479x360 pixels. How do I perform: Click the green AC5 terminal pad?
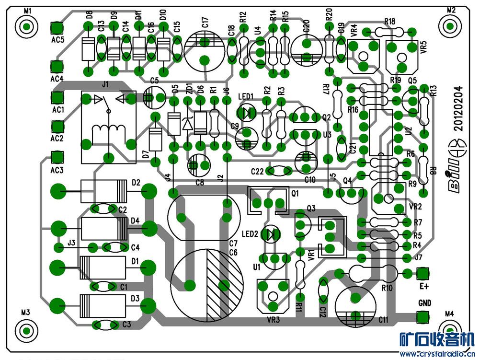tap(57, 27)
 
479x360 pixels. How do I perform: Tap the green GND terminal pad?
tap(422, 317)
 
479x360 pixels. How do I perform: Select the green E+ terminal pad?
tap(422, 273)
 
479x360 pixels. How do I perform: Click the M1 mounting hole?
tap(27, 25)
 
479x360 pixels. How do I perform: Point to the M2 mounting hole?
tap(451, 25)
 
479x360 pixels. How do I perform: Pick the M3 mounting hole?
tap(26, 330)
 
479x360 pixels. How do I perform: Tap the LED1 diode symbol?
tap(247, 113)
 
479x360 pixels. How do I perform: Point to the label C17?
tap(205, 23)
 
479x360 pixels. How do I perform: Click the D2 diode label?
tap(135, 183)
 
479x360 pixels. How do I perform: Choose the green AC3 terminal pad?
tap(57, 157)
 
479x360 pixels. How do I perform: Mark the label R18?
tap(389, 22)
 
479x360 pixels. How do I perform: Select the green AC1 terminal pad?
tap(58, 97)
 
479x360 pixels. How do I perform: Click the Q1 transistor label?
tap(294, 194)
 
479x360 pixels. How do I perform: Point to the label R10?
tap(387, 288)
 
